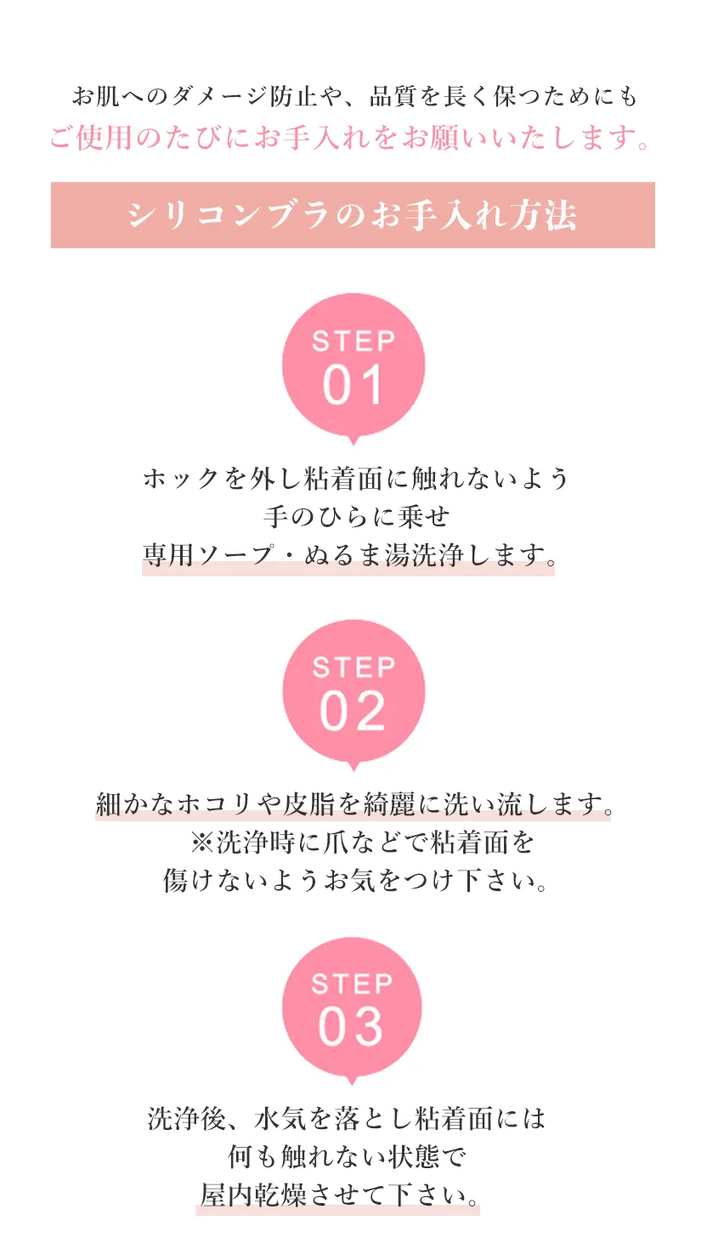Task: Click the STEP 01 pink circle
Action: [x=353, y=366]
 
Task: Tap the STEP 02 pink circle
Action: [x=353, y=692]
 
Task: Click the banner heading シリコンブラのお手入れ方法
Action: [x=353, y=215]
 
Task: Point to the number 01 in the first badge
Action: [x=353, y=385]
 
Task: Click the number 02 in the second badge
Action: [x=353, y=712]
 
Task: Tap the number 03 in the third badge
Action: [x=351, y=1027]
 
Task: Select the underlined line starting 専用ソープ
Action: [x=349, y=555]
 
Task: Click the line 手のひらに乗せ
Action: [x=356, y=517]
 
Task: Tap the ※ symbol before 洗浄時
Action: [x=201, y=843]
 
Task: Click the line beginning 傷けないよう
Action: [x=354, y=880]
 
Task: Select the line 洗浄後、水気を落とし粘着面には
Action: [x=346, y=1119]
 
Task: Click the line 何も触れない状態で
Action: [x=347, y=1157]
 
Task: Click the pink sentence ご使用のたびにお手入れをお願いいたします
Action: [x=349, y=138]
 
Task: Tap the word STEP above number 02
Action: [x=353, y=667]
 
